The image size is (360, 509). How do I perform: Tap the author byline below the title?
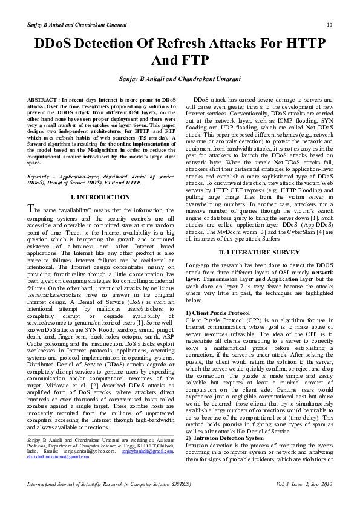180,79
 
